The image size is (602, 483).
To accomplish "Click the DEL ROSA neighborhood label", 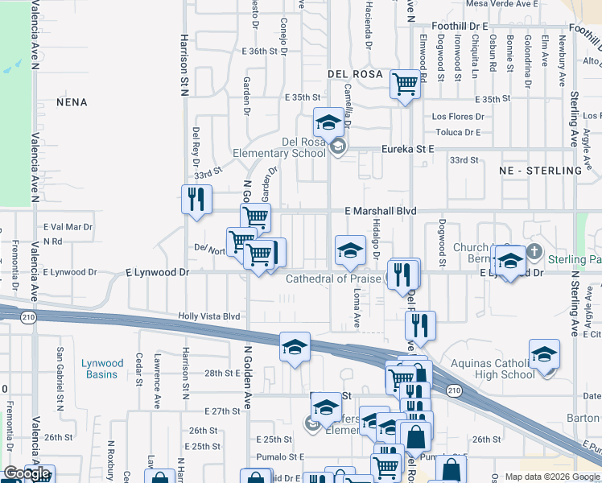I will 354,74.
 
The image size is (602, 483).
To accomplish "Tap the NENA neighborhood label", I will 72,102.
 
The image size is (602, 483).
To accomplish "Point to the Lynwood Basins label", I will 102,369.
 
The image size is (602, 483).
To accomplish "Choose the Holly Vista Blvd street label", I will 209,317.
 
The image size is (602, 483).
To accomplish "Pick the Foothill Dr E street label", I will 460,26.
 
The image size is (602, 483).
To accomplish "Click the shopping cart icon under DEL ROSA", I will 405,83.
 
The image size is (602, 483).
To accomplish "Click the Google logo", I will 27,474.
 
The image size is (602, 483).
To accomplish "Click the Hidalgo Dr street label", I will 375,239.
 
